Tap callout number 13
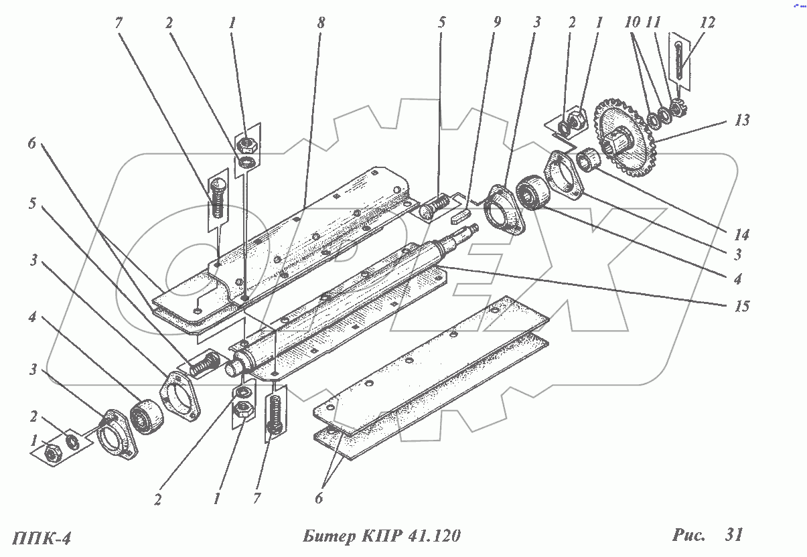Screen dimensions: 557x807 pyautogui.click(x=741, y=121)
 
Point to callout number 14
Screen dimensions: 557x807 pyautogui.click(x=741, y=235)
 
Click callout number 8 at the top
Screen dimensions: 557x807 pyautogui.click(x=321, y=22)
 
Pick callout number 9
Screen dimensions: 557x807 pyautogui.click(x=496, y=22)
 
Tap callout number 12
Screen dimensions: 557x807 pyautogui.click(x=707, y=22)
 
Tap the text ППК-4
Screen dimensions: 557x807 pyautogui.click(x=42, y=538)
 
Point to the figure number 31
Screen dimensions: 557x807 pyautogui.click(x=733, y=535)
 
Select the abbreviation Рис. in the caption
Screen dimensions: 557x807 pyautogui.click(x=689, y=535)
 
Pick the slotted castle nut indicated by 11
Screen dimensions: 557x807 pyautogui.click(x=678, y=106)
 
